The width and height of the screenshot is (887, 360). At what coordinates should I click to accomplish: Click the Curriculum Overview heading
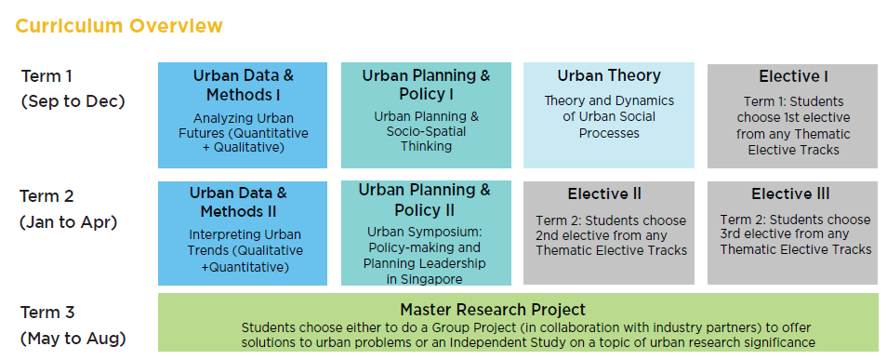(x=119, y=25)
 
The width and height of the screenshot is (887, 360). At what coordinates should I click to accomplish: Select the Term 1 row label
(x=46, y=76)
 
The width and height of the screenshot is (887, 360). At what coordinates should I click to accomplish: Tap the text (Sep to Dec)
(x=73, y=100)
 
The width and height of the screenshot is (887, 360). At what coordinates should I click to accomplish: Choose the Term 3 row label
(x=48, y=312)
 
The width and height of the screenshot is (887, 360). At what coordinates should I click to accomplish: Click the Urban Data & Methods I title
(x=243, y=85)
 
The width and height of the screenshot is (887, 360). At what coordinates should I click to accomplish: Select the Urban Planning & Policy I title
(x=426, y=85)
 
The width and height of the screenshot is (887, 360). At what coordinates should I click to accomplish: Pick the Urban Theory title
(x=609, y=75)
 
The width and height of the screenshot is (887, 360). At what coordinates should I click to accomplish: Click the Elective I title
(x=793, y=76)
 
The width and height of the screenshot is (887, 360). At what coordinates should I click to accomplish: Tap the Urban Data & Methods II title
(x=243, y=202)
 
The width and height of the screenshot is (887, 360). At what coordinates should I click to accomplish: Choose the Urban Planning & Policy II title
(x=425, y=200)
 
